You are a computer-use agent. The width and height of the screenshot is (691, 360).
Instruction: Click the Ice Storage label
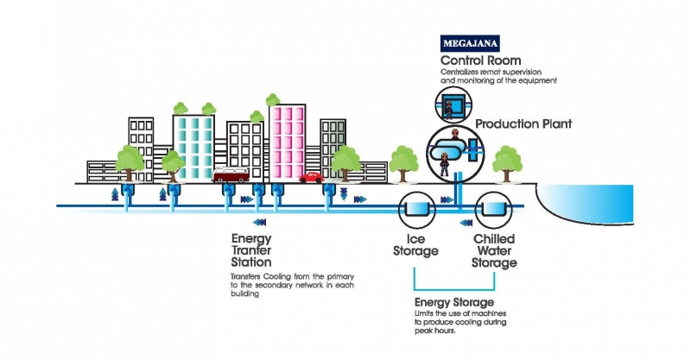coord(416,244)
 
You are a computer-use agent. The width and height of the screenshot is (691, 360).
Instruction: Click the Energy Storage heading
coord(454,302)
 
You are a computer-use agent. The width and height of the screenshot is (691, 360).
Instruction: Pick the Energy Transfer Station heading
coord(252,249)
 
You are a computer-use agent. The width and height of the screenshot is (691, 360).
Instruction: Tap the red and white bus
coord(231,176)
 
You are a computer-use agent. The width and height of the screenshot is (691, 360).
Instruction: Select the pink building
coord(288,142)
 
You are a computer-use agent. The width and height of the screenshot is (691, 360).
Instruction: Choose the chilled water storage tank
coord(493,208)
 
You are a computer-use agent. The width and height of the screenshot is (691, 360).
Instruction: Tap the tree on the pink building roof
coord(276,94)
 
